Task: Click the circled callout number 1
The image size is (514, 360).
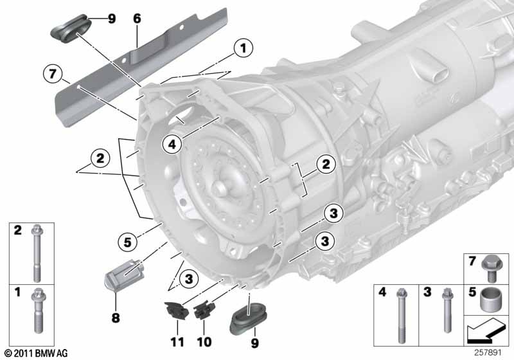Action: pos(244,48)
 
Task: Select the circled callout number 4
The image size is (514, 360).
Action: pos(172,144)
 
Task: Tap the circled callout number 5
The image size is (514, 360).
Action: pos(127,242)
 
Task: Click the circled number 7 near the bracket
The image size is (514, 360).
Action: pos(53,74)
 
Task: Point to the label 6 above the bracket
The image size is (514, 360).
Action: pos(137,19)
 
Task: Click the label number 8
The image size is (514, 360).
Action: pos(116,318)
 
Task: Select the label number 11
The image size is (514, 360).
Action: pos(177,342)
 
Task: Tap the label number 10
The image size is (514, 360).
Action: pos(204,342)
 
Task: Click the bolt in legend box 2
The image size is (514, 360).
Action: pos(37,253)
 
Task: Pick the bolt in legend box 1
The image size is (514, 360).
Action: pos(37,310)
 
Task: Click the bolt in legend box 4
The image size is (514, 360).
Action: pos(402,316)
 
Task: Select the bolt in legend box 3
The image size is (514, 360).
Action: pos(447,310)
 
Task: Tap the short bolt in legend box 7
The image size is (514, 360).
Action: pos(490,268)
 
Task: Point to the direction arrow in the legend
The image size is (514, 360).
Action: pos(484,330)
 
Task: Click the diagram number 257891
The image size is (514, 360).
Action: pos(488,352)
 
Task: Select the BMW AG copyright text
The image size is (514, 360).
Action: pos(36,353)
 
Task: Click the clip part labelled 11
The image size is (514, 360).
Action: pos(176,310)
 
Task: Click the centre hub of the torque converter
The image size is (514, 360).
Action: pos(219,188)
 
